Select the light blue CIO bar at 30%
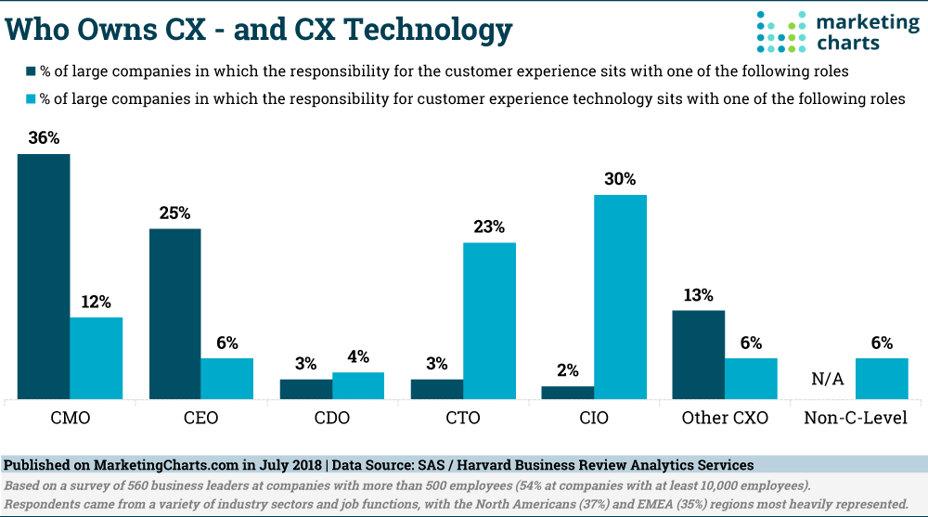tap(620, 297)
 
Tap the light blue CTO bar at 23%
tap(489, 320)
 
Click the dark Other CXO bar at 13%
tap(698, 355)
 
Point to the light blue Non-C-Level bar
tap(881, 379)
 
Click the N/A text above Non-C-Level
tap(829, 379)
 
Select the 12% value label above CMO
tap(96, 302)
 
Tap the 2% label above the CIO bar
tap(567, 370)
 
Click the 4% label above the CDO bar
tap(358, 356)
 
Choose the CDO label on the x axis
tap(331, 418)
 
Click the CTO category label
tap(462, 418)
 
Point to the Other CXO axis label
tap(725, 418)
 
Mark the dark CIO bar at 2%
tap(567, 393)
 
